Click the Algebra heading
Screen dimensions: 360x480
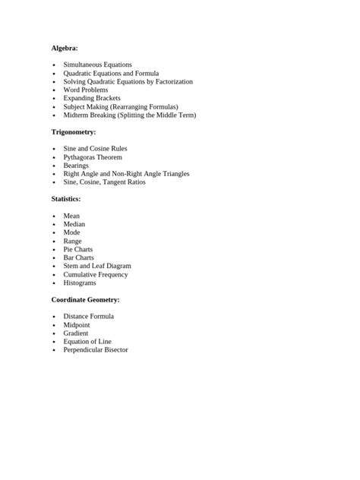click(x=65, y=48)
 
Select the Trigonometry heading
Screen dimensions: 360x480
click(x=74, y=132)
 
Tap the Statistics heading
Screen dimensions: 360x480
click(x=65, y=199)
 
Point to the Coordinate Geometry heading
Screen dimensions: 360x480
click(x=85, y=300)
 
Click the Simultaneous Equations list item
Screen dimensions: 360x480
click(x=97, y=65)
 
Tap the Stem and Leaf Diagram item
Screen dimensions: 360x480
click(x=97, y=267)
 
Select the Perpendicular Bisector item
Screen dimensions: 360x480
click(x=96, y=350)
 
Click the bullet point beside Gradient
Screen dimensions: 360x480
click(x=55, y=333)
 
